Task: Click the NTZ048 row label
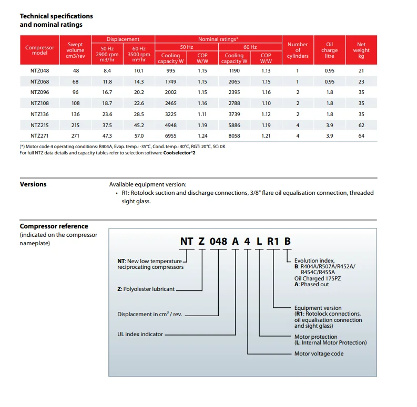click(x=39, y=70)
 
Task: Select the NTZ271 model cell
click(x=39, y=135)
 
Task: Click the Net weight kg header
click(x=361, y=50)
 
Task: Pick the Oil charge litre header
click(x=329, y=50)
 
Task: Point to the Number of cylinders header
click(x=298, y=50)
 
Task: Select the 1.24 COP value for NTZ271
click(x=202, y=135)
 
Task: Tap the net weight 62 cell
click(x=361, y=124)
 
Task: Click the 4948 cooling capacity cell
click(x=170, y=124)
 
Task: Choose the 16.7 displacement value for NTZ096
click(x=107, y=92)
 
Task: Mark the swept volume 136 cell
click(x=75, y=113)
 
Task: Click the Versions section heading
click(x=33, y=184)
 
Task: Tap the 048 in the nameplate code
click(x=218, y=241)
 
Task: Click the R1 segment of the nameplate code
click(x=273, y=241)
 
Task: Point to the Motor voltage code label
click(x=319, y=353)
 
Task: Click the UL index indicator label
click(x=140, y=334)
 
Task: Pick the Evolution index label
click(x=314, y=260)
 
